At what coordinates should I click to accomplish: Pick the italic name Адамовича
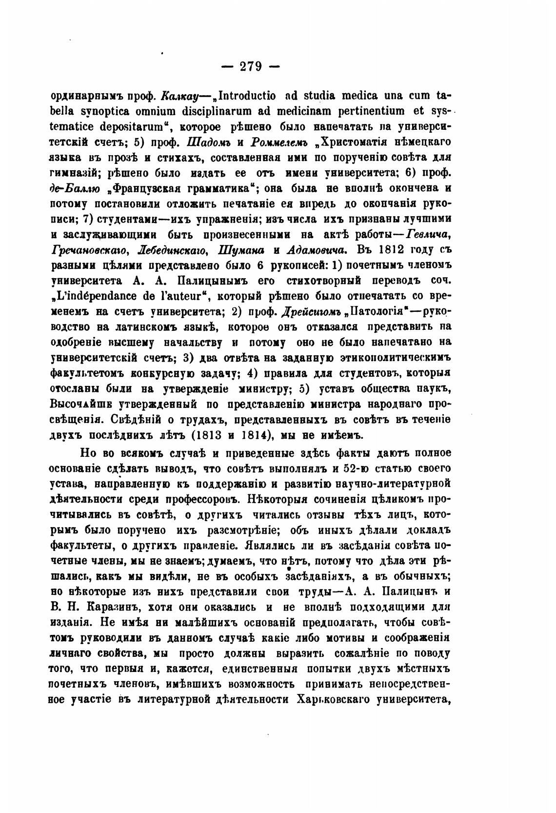click(x=317, y=250)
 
